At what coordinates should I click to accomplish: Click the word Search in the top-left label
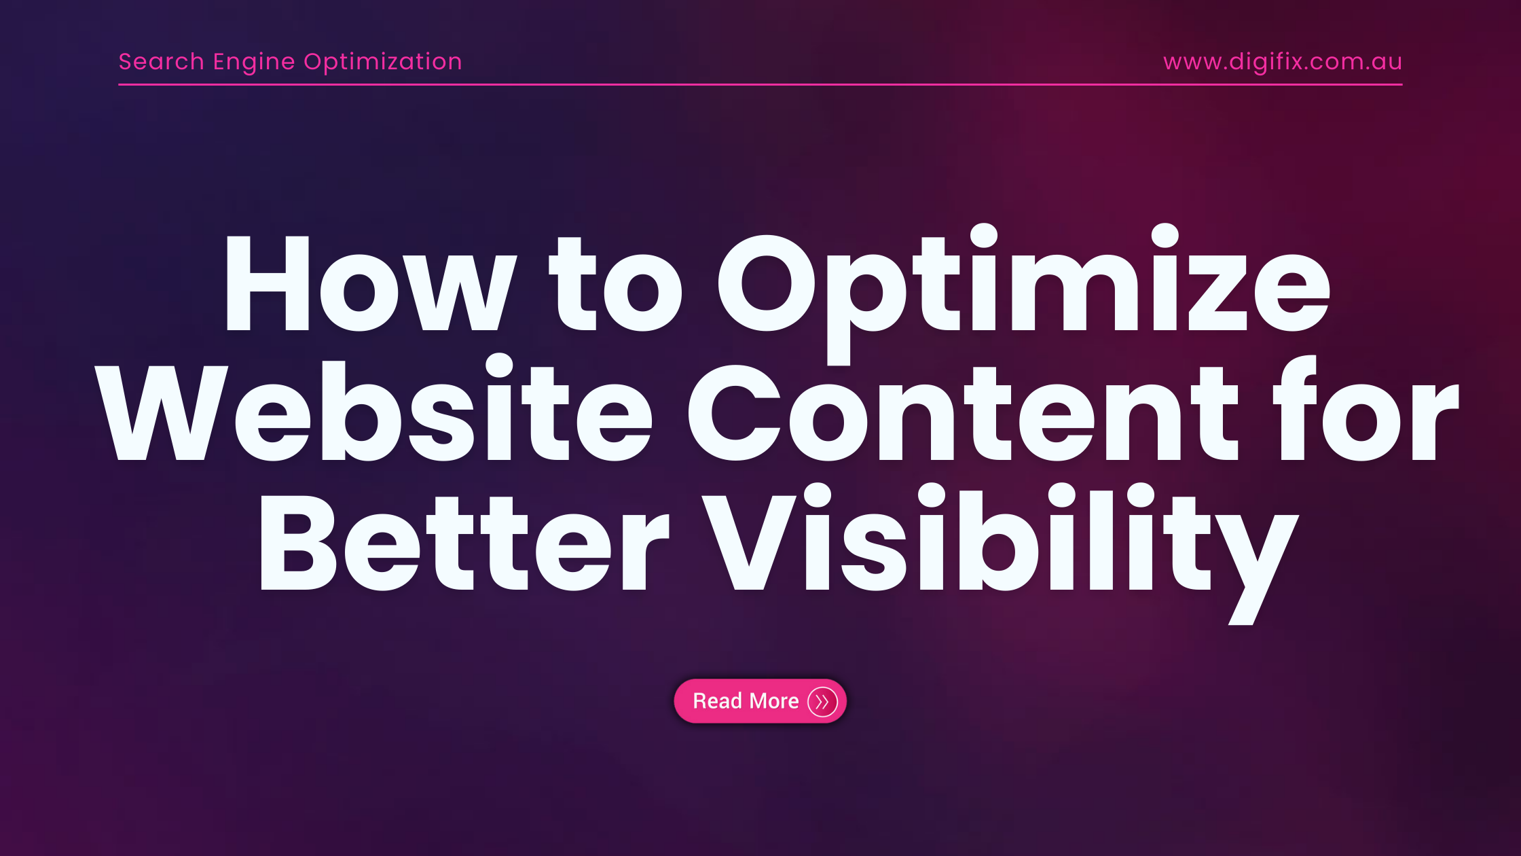pyautogui.click(x=162, y=62)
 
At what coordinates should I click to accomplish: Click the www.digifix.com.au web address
pyautogui.click(x=1283, y=63)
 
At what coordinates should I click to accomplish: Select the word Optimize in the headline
pyautogui.click(x=1023, y=293)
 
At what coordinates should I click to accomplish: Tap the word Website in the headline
pyautogui.click(x=373, y=408)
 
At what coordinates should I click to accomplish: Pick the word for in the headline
pyautogui.click(x=1366, y=408)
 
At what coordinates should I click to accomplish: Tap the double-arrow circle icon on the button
pyautogui.click(x=822, y=701)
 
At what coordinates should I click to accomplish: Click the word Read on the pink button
pyautogui.click(x=717, y=700)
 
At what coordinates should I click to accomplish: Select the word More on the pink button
pyautogui.click(x=773, y=700)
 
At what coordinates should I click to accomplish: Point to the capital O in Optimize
pyautogui.click(x=766, y=283)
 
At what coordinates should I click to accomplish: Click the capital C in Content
pyautogui.click(x=734, y=412)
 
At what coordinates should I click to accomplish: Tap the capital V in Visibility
pyautogui.click(x=748, y=541)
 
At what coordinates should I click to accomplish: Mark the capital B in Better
pyautogui.click(x=299, y=541)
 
